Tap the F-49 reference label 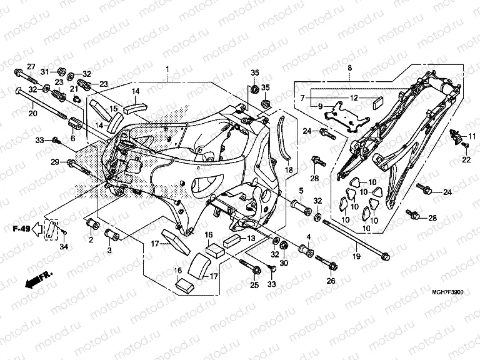22,230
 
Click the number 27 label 31,67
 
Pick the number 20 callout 32,113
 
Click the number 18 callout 289,170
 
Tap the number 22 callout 466,161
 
